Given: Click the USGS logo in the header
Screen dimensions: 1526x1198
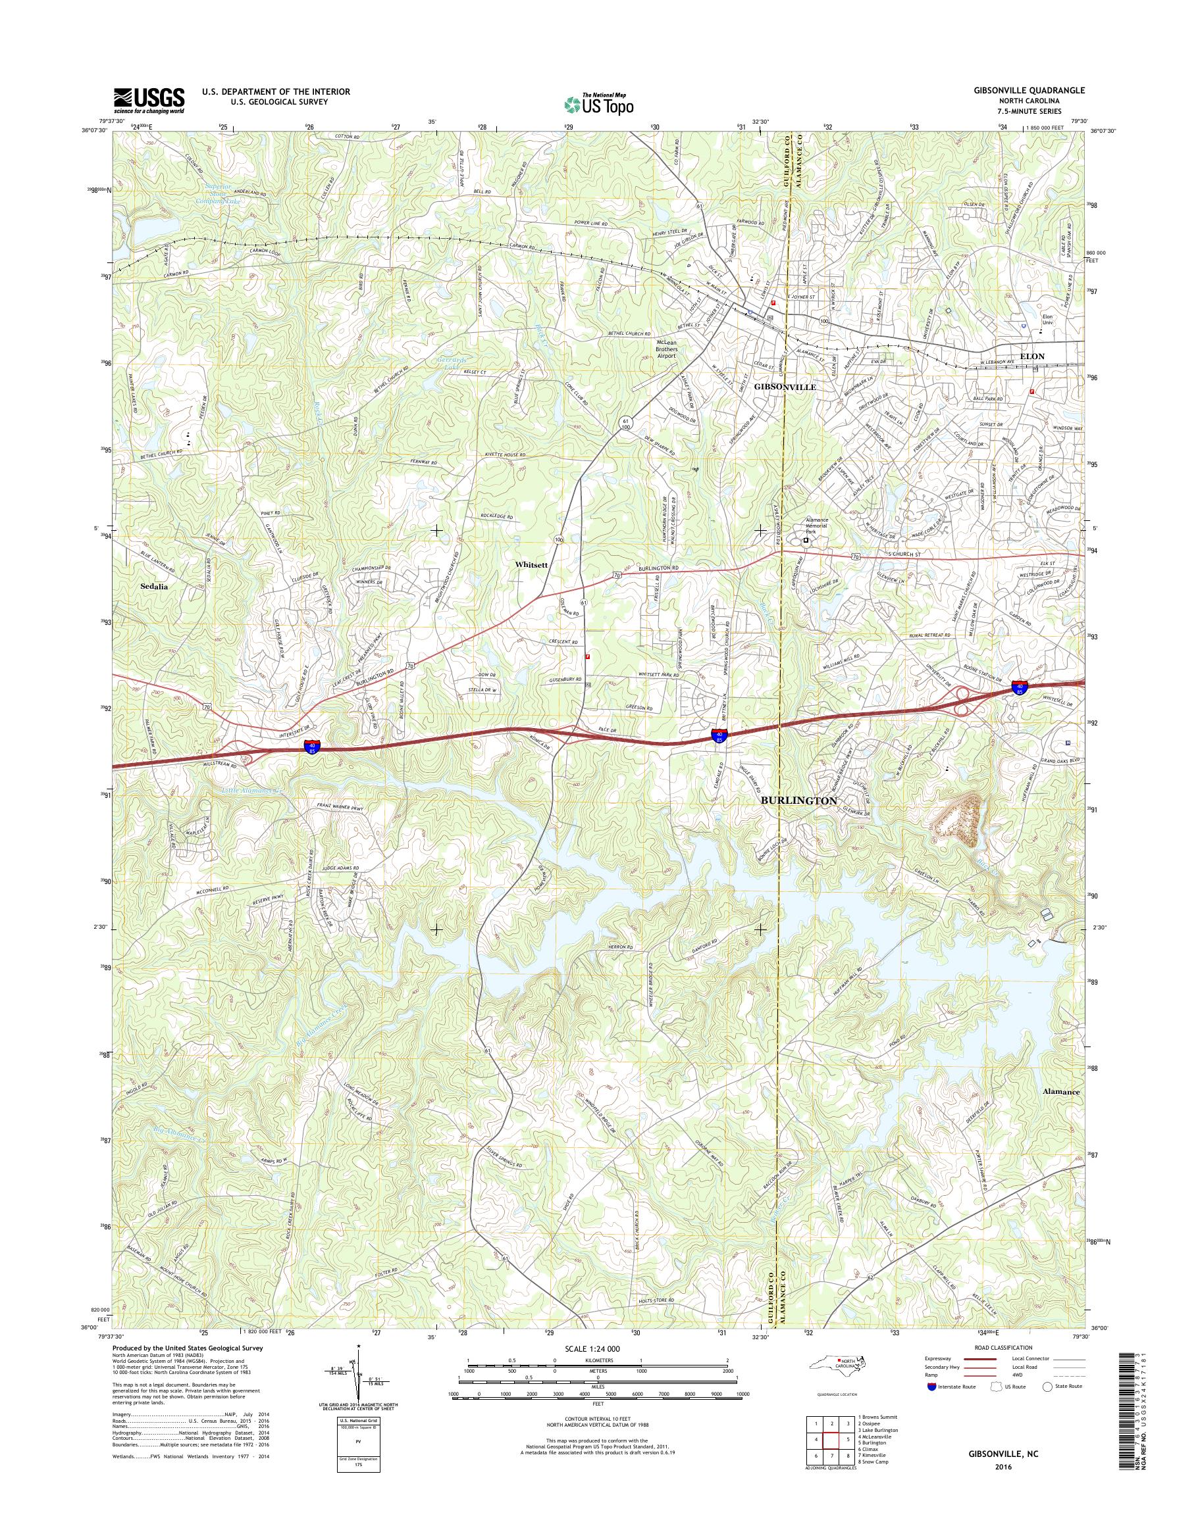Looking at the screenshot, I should click(149, 100).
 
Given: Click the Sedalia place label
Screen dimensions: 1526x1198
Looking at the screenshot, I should click(153, 587).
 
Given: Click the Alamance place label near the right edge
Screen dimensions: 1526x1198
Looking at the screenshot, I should click(1060, 1111).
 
